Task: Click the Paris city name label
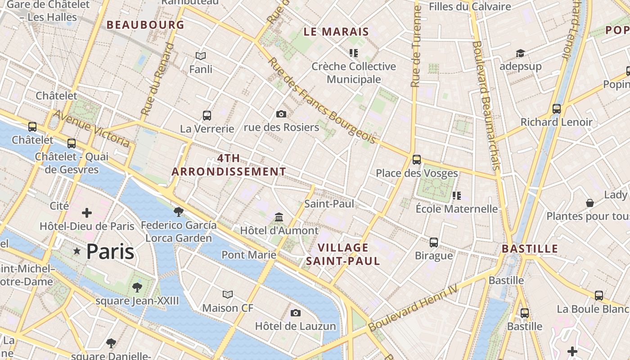click(x=110, y=252)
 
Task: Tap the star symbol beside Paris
click(x=77, y=251)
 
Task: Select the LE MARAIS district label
click(x=336, y=32)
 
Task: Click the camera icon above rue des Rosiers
click(x=281, y=114)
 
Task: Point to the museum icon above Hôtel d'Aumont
click(x=279, y=217)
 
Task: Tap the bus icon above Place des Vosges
click(x=417, y=159)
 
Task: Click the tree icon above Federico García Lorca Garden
click(x=179, y=211)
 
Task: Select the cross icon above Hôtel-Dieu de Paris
click(x=87, y=213)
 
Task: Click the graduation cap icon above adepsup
click(x=520, y=54)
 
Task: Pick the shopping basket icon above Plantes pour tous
click(x=589, y=203)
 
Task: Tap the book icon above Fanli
click(x=201, y=56)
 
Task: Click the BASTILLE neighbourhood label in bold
click(x=530, y=249)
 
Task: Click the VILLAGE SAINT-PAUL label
click(x=343, y=254)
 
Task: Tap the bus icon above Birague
click(x=434, y=242)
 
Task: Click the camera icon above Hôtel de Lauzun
click(x=296, y=313)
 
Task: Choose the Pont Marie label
click(x=249, y=255)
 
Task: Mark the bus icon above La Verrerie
click(x=207, y=116)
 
